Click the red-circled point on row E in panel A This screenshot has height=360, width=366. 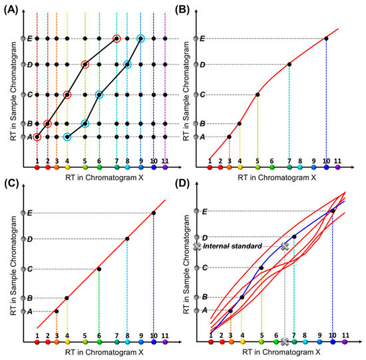pos(116,39)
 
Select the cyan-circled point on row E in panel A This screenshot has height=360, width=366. pos(140,39)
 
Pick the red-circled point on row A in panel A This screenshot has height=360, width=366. pos(37,137)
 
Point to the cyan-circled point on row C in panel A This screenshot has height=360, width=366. pos(99,94)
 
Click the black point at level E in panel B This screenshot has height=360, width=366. pos(326,39)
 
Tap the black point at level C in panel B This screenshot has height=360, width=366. pos(257,94)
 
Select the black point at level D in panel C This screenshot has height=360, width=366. pos(127,238)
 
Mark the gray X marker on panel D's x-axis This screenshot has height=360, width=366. pos(285,342)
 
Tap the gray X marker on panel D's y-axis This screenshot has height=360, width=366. pos(197,246)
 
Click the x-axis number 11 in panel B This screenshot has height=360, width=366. pos(337,160)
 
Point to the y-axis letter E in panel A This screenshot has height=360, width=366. pos(29,39)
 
